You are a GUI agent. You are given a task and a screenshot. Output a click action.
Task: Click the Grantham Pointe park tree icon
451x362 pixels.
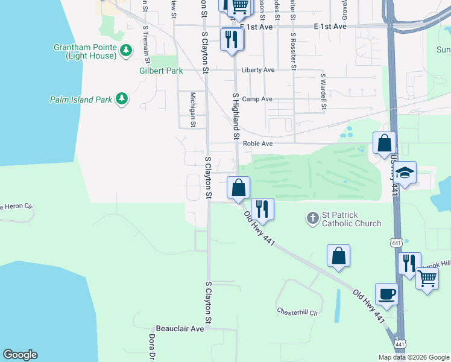tap(126, 51)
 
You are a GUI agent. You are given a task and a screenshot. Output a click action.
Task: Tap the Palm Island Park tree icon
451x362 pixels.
tap(122, 99)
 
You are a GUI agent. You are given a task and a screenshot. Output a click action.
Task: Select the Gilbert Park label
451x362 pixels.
tap(161, 71)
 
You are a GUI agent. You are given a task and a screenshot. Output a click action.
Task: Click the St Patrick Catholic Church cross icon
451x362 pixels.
tap(312, 218)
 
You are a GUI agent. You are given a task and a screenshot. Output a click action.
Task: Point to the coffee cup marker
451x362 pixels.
tap(386, 294)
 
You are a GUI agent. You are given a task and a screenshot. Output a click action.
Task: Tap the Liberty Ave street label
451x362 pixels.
tap(257, 70)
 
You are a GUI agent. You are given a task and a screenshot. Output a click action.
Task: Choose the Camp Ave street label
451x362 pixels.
tap(257, 99)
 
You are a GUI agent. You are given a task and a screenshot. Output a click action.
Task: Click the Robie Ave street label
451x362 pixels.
tap(257, 144)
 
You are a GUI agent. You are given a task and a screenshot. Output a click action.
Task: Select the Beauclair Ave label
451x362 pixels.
tap(180, 329)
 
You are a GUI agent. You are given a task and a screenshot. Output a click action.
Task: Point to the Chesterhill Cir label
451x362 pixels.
tap(297, 312)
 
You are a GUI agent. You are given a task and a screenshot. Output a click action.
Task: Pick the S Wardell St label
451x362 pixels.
tap(323, 92)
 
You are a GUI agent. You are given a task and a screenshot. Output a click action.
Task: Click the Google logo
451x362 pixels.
tap(20, 355)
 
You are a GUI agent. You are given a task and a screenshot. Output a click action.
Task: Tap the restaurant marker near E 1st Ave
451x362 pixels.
tap(232, 40)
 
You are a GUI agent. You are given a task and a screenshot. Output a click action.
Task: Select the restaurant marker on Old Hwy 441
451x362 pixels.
tap(262, 209)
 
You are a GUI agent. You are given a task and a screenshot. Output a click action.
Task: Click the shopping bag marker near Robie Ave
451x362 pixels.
tap(384, 144)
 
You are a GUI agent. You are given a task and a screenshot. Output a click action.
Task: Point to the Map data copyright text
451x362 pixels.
tap(414, 357)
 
